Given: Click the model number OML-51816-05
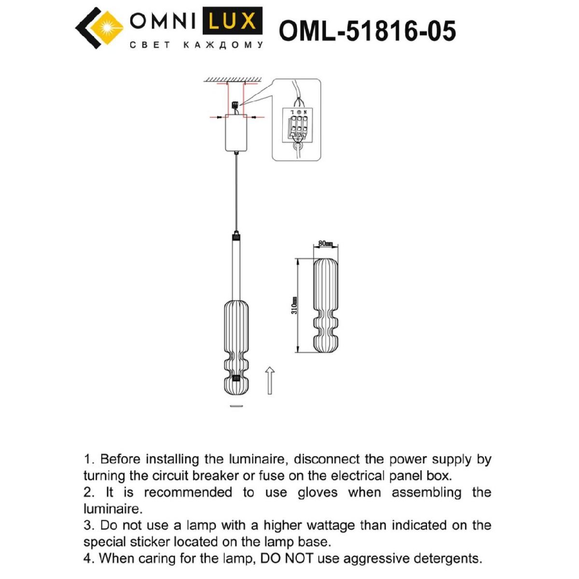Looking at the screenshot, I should [367, 31].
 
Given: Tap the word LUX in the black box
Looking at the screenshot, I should [233, 21].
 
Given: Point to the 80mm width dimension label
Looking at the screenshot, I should [326, 244].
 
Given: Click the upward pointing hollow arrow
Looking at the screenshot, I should [270, 380].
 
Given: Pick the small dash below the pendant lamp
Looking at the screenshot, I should [236, 406].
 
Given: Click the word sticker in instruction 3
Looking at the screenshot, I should [147, 542].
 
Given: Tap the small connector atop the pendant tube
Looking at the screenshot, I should [236, 237].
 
